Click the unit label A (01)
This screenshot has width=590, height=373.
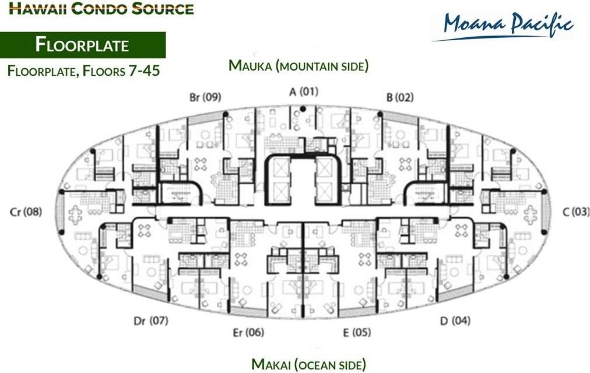(x=304, y=92)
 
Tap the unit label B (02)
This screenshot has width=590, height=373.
(x=399, y=97)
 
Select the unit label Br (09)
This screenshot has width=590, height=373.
(x=205, y=97)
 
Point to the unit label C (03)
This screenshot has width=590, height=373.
(x=576, y=212)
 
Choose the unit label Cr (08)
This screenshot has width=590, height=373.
(x=26, y=212)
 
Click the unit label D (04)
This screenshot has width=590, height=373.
(x=455, y=321)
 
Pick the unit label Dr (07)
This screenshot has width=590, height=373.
(x=151, y=321)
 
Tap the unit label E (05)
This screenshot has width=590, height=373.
(x=357, y=332)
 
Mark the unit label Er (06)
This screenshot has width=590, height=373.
(x=248, y=332)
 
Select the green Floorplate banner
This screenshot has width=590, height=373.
(x=83, y=45)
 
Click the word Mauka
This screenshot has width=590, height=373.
(x=250, y=65)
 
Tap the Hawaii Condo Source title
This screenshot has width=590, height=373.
(x=101, y=8)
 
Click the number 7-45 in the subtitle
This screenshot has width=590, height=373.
(x=144, y=71)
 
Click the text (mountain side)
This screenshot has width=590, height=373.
(x=322, y=66)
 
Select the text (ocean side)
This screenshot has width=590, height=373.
(x=330, y=365)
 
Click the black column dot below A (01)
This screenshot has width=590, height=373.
(x=303, y=109)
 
